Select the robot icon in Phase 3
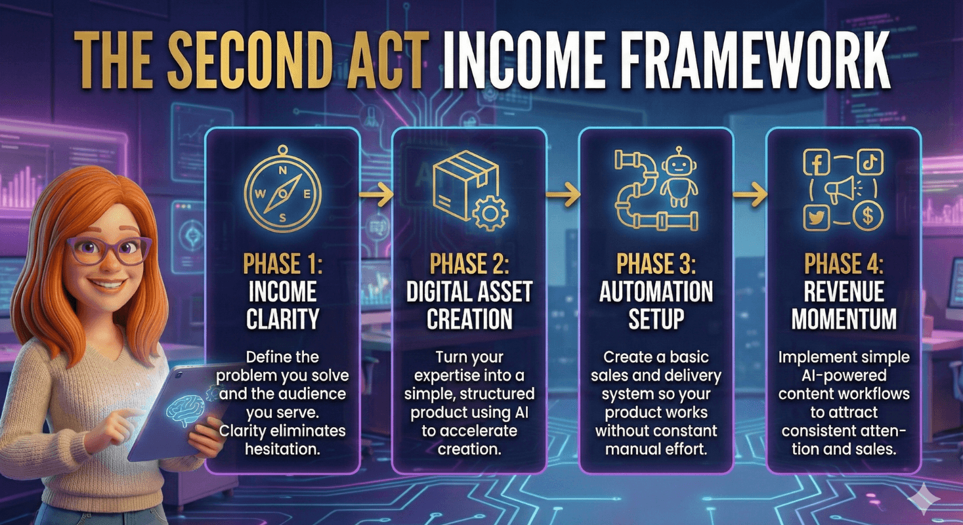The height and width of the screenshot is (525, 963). click(678, 177)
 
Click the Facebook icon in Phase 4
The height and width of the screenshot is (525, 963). click(817, 162)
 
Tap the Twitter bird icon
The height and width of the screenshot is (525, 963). click(817, 217)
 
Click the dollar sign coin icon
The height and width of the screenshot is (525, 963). click(868, 217)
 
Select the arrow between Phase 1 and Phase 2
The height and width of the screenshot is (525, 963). click(376, 194)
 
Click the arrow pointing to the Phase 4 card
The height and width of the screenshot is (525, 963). click(750, 194)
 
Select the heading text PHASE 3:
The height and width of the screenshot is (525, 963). click(656, 263)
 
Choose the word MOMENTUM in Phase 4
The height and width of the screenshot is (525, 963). click(844, 319)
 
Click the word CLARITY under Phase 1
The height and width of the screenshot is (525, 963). click(282, 319)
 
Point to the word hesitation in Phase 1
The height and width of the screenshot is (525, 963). click(282, 450)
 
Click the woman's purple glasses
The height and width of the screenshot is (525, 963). click(109, 249)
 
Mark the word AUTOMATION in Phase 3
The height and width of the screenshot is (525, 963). click(656, 292)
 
